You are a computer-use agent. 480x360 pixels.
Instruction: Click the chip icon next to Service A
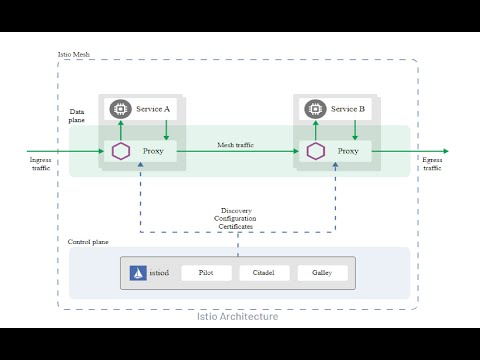pos(121,108)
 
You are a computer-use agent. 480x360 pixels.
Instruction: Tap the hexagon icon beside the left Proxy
pos(121,151)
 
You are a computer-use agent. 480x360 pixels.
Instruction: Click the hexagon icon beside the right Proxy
pos(315,151)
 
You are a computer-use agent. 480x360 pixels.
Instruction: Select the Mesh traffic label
pos(235,145)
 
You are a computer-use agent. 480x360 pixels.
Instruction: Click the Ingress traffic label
pos(41,163)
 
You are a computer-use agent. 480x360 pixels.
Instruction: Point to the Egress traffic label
pos(432,163)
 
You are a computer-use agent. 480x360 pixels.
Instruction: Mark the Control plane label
pos(88,242)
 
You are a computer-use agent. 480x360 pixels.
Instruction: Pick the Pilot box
pos(206,273)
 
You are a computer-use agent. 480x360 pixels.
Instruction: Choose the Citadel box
pos(264,273)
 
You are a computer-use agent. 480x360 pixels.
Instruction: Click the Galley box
pos(322,273)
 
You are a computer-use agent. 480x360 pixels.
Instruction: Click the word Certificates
pos(236,227)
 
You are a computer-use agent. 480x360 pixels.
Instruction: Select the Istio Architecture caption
pos(238,316)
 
